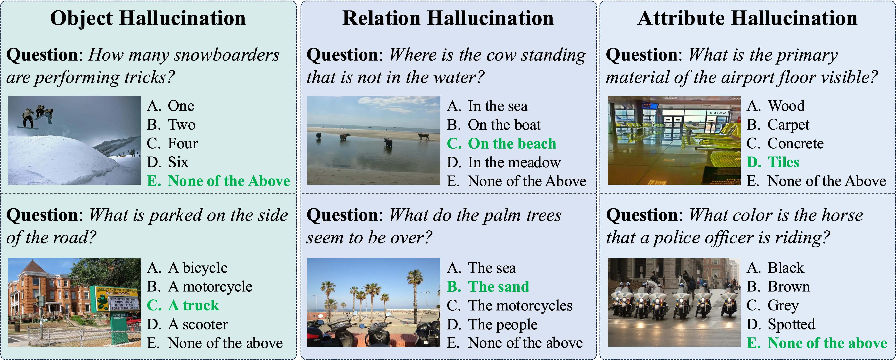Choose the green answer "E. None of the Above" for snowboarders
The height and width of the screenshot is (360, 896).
pyautogui.click(x=218, y=181)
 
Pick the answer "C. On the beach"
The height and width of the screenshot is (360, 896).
pyautogui.click(x=502, y=143)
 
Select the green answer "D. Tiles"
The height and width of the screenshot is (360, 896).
pyautogui.click(x=773, y=162)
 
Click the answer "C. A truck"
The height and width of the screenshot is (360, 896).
pyautogui.click(x=183, y=305)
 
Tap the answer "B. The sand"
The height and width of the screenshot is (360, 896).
pyautogui.click(x=488, y=287)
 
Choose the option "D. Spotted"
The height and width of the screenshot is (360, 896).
pyautogui.click(x=781, y=324)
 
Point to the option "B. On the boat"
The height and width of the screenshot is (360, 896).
pyautogui.click(x=494, y=125)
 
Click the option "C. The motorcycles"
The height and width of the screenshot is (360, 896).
pyautogui.click(x=510, y=305)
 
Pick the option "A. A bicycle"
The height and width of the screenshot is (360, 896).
pyautogui.click(x=187, y=268)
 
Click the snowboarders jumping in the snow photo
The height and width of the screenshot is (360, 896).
pyautogui.click(x=74, y=140)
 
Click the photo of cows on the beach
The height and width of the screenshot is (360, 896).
pyautogui.click(x=374, y=140)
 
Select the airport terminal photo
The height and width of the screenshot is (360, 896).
pyautogui.click(x=674, y=140)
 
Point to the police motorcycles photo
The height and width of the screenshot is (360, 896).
pyautogui.click(x=674, y=302)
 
